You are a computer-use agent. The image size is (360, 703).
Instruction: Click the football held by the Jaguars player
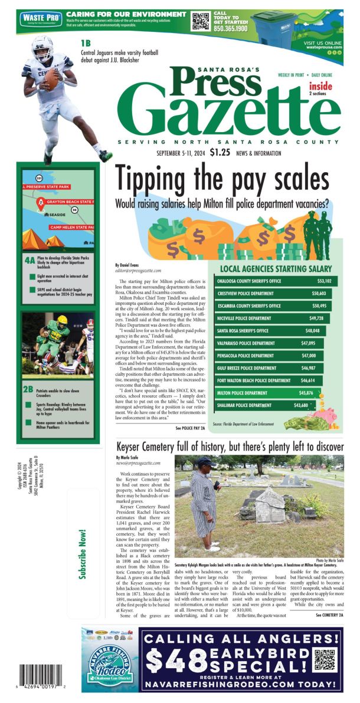click(51, 80)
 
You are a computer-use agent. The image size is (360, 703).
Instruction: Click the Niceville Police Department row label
click(244, 318)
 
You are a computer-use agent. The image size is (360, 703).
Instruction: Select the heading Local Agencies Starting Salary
click(278, 268)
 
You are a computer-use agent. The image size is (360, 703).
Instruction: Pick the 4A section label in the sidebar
click(29, 259)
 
